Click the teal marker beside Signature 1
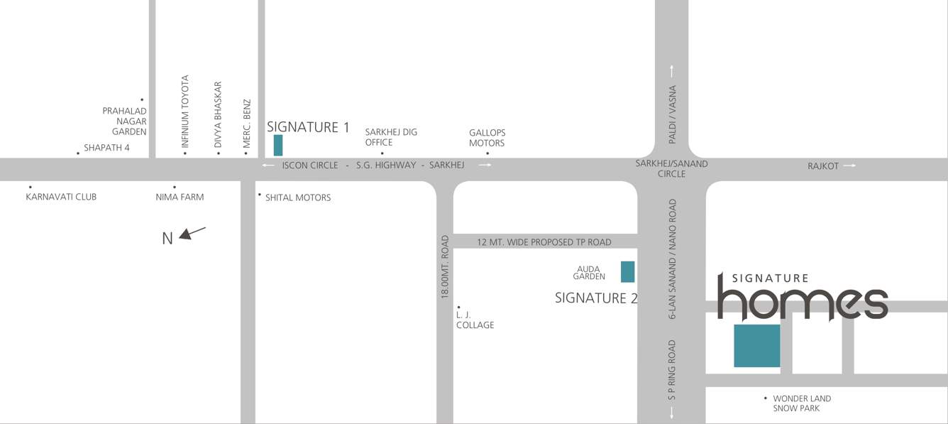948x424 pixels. click(x=278, y=145)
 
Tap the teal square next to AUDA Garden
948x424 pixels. click(x=627, y=272)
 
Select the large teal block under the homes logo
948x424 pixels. click(x=756, y=346)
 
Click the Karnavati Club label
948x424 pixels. click(x=61, y=197)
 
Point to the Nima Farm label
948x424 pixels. click(x=180, y=197)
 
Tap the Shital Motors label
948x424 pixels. click(x=298, y=197)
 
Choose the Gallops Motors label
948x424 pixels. click(x=487, y=138)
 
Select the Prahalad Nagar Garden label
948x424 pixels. click(x=125, y=121)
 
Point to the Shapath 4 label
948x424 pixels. click(x=106, y=148)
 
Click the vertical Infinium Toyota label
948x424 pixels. click(x=185, y=112)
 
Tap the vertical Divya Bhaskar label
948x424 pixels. click(x=218, y=114)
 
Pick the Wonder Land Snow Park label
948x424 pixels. click(x=802, y=403)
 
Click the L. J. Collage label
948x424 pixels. click(x=475, y=320)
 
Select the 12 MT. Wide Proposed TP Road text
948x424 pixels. click(x=544, y=242)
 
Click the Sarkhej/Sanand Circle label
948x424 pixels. click(x=671, y=168)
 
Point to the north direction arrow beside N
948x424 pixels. click(x=192, y=232)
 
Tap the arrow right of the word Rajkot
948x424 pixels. click(x=849, y=165)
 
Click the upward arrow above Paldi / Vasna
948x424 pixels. click(x=671, y=71)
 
